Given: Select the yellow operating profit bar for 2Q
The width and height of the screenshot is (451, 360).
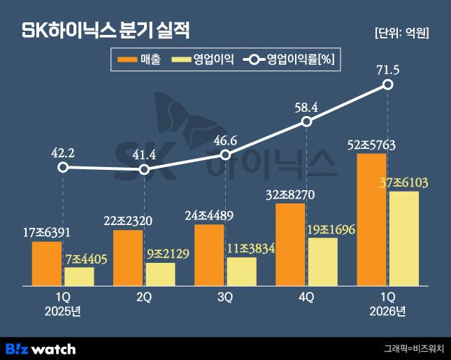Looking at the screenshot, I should (x=160, y=274).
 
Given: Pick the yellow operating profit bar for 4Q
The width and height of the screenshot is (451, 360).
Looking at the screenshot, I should (x=322, y=261).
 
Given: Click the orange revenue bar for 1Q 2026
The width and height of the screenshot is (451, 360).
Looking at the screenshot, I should (x=371, y=219).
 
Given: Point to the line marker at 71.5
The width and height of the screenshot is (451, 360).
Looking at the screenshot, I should (x=388, y=85).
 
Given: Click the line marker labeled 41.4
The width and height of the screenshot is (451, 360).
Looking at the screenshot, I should (x=144, y=170).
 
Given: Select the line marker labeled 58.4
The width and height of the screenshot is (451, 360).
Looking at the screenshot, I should (x=306, y=122).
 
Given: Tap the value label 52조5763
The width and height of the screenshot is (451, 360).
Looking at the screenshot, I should (x=371, y=145).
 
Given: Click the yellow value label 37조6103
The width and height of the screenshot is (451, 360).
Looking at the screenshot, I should (x=403, y=182).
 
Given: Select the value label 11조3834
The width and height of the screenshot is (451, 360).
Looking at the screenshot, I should (x=241, y=248).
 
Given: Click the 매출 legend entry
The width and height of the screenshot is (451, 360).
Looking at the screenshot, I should (x=141, y=59).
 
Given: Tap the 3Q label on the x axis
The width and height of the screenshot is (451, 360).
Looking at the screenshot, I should (x=224, y=297).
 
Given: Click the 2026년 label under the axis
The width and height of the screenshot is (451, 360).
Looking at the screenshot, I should (x=387, y=310).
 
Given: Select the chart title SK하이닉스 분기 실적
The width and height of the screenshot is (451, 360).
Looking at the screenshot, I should (x=105, y=31).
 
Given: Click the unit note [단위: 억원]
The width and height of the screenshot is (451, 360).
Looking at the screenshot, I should (x=401, y=32).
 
